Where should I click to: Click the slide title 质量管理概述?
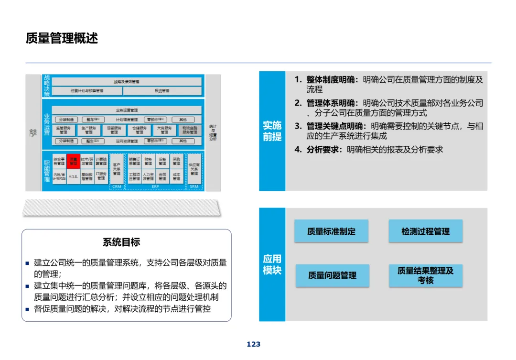coord(62,38)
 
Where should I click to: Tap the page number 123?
coord(254,344)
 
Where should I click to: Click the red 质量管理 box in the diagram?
coord(73,161)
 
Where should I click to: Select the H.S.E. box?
coord(73,176)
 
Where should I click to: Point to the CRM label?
coord(117,187)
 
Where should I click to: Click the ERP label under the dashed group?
coord(155,187)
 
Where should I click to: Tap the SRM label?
coord(194,187)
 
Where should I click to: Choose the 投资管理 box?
coord(162,91)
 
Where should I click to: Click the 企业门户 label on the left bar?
coord(33,132)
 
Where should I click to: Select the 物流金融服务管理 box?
coord(190,130)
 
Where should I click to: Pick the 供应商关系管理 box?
coord(194,168)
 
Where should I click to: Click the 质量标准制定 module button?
coord(331,231)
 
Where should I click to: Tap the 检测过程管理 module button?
coord(425,231)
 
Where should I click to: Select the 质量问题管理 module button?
coord(332,275)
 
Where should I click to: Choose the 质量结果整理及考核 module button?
coord(425,275)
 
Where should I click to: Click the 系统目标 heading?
coord(121,242)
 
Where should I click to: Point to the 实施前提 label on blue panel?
coord(272,131)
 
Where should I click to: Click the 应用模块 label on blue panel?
coord(272,264)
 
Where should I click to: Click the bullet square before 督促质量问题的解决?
coord(28,309)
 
